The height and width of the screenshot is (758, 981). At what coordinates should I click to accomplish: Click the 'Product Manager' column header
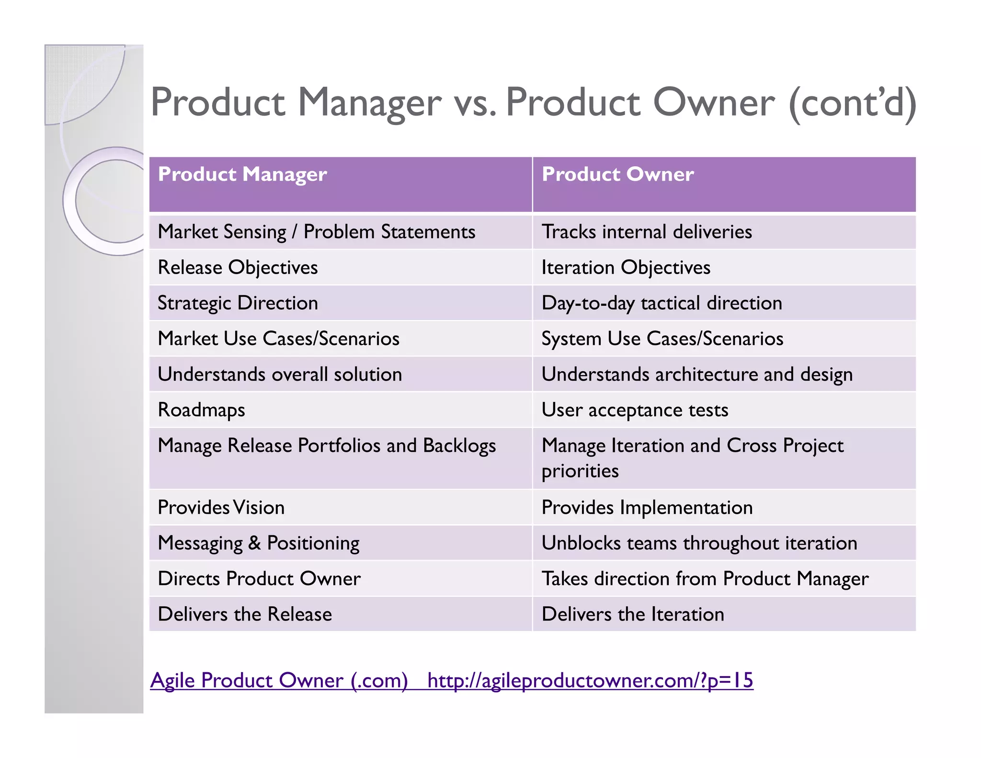point(242,174)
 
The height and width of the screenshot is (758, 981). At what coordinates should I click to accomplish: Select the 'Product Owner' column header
point(617,174)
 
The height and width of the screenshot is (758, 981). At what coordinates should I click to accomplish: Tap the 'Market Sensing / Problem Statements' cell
point(316,232)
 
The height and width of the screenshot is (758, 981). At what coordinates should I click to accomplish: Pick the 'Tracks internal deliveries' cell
point(647,232)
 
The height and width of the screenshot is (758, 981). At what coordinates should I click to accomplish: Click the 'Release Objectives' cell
point(238,268)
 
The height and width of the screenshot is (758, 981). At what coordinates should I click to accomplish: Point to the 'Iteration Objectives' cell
point(626,268)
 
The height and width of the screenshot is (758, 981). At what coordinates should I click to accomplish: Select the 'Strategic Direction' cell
point(238,303)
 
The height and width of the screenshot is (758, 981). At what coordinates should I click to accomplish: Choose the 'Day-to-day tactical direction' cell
point(662,303)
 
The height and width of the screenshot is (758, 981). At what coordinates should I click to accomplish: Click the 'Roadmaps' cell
point(201,410)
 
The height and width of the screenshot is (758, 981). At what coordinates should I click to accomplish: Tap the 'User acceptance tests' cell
point(635,410)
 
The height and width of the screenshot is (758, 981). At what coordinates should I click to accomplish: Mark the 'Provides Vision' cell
point(221,507)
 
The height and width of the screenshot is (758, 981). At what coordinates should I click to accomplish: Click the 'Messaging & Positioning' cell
point(259,543)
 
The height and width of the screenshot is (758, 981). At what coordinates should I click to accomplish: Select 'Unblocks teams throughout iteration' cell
point(699,543)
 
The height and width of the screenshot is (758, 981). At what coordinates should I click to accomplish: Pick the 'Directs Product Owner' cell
point(259,579)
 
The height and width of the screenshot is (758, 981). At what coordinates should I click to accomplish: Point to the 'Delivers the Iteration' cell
point(633,614)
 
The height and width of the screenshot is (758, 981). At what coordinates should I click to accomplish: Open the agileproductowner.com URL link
point(590,680)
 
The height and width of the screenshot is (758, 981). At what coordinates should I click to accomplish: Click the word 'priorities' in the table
point(580,471)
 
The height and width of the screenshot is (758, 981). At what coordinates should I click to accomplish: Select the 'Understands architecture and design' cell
point(697,375)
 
